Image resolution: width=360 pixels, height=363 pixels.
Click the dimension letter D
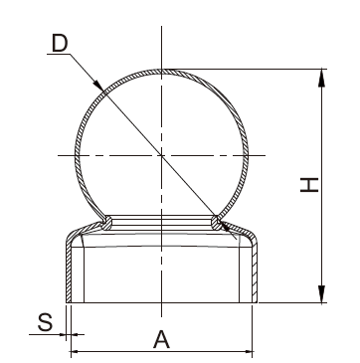pos(60,43)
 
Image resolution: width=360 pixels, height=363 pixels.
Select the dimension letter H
pos(309,185)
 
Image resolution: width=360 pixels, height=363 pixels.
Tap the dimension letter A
pos(161,339)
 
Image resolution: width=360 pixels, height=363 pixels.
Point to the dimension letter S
pos(45,322)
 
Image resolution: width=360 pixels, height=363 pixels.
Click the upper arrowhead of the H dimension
pos(321,79)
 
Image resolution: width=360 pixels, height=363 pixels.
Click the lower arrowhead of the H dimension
pos(321,293)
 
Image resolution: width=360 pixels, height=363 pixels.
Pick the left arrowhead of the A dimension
pos(76,351)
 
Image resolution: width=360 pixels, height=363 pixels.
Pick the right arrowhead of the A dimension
pos(248,351)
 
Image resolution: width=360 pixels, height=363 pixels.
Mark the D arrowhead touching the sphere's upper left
pos(98,86)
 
